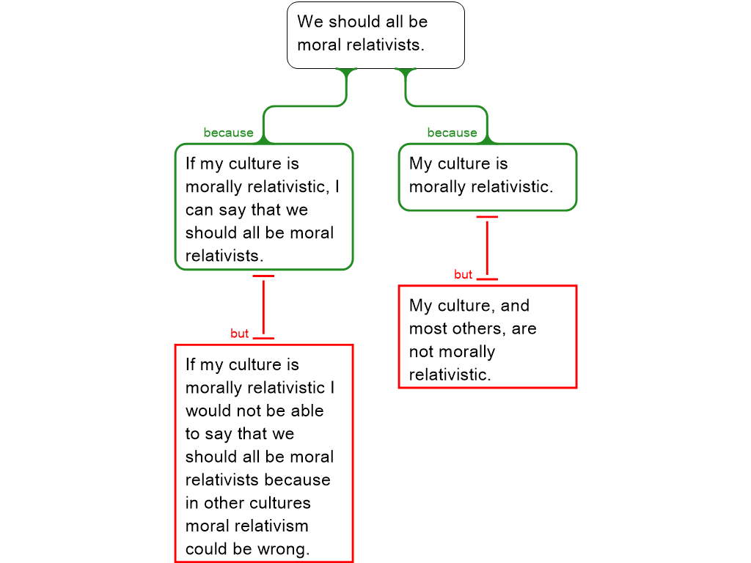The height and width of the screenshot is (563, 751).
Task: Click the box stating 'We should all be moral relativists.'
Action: click(375, 34)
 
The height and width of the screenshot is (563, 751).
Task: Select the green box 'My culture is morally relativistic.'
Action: click(487, 176)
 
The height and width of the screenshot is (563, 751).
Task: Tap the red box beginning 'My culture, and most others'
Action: click(487, 336)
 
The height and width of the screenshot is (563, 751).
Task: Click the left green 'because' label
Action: click(228, 133)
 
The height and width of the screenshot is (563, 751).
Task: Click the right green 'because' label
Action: click(452, 133)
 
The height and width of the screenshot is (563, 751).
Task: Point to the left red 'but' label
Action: click(240, 334)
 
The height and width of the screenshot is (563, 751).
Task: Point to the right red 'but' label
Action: click(464, 275)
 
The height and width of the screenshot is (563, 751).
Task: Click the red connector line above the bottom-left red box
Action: click(263, 307)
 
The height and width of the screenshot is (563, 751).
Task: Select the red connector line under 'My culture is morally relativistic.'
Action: click(487, 248)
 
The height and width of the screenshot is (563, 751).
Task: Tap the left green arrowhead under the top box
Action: click(346, 72)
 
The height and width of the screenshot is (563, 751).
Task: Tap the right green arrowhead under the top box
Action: click(406, 72)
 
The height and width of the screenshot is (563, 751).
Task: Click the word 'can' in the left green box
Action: click(199, 210)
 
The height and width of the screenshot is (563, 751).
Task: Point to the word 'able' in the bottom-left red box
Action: click(307, 411)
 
